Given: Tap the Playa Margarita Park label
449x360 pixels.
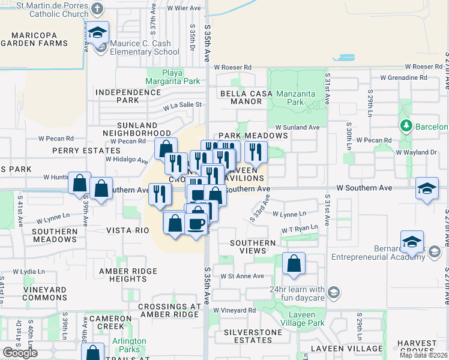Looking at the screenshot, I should [174, 77].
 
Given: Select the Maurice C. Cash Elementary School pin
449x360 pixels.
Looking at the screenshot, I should [98, 35].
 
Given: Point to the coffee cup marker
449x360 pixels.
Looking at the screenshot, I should [197, 224].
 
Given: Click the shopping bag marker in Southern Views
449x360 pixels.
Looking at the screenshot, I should [294, 263].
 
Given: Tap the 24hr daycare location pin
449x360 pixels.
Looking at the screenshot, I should [334, 293].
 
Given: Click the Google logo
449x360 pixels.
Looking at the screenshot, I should [20, 353].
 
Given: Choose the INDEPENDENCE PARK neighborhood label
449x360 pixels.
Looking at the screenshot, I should [128, 96].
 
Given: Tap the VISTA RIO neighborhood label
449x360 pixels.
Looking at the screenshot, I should [127, 230].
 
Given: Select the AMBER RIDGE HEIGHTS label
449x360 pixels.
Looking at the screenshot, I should [128, 275].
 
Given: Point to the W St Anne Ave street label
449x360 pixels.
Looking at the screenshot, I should [243, 276].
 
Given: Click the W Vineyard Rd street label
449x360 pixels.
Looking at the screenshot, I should [234, 310].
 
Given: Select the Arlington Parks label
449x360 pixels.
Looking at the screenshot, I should [128, 345].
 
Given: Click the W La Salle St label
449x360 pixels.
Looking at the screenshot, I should [184, 105].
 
